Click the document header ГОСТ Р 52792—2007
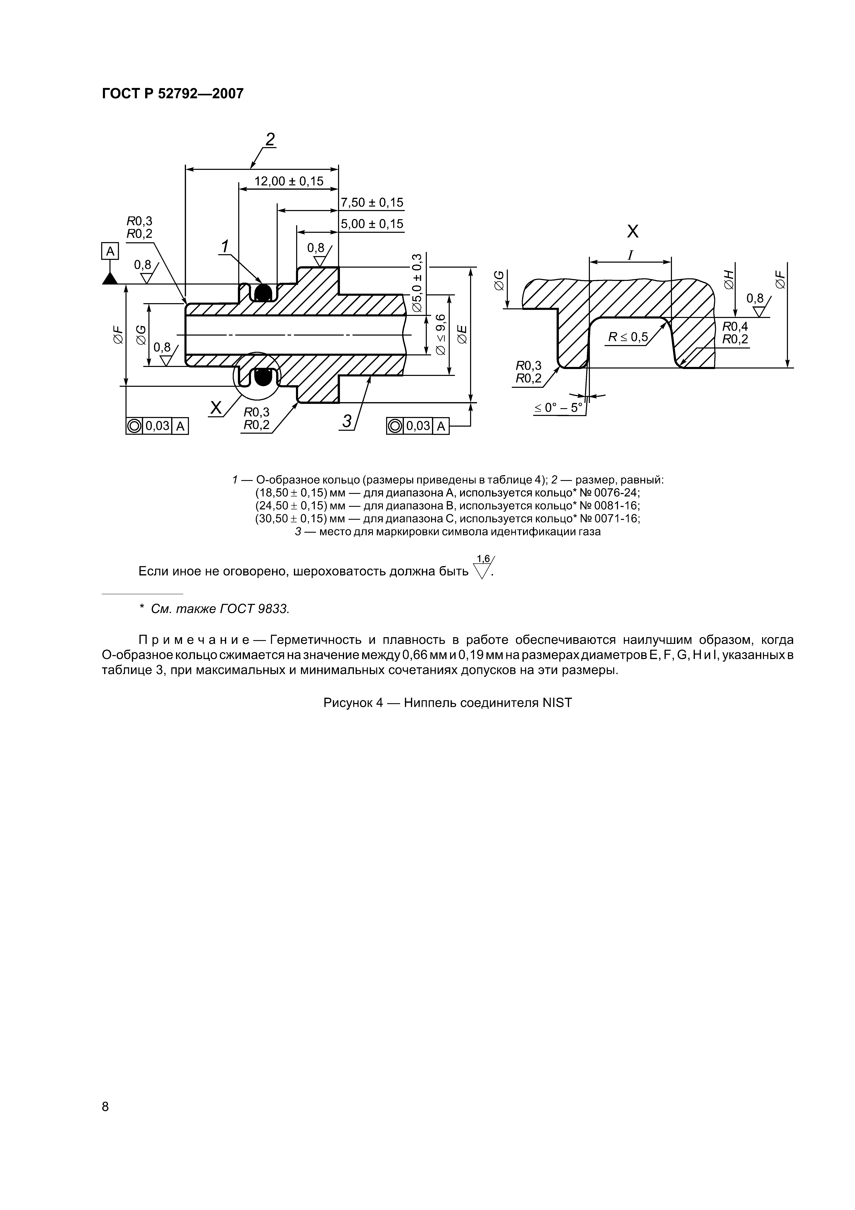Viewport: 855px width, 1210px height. click(x=172, y=94)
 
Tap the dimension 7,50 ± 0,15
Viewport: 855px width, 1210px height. click(x=372, y=202)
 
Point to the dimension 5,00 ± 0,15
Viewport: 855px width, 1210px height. click(x=372, y=223)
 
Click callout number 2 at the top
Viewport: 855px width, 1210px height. click(x=270, y=140)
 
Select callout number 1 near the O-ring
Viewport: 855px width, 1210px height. click(x=225, y=247)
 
